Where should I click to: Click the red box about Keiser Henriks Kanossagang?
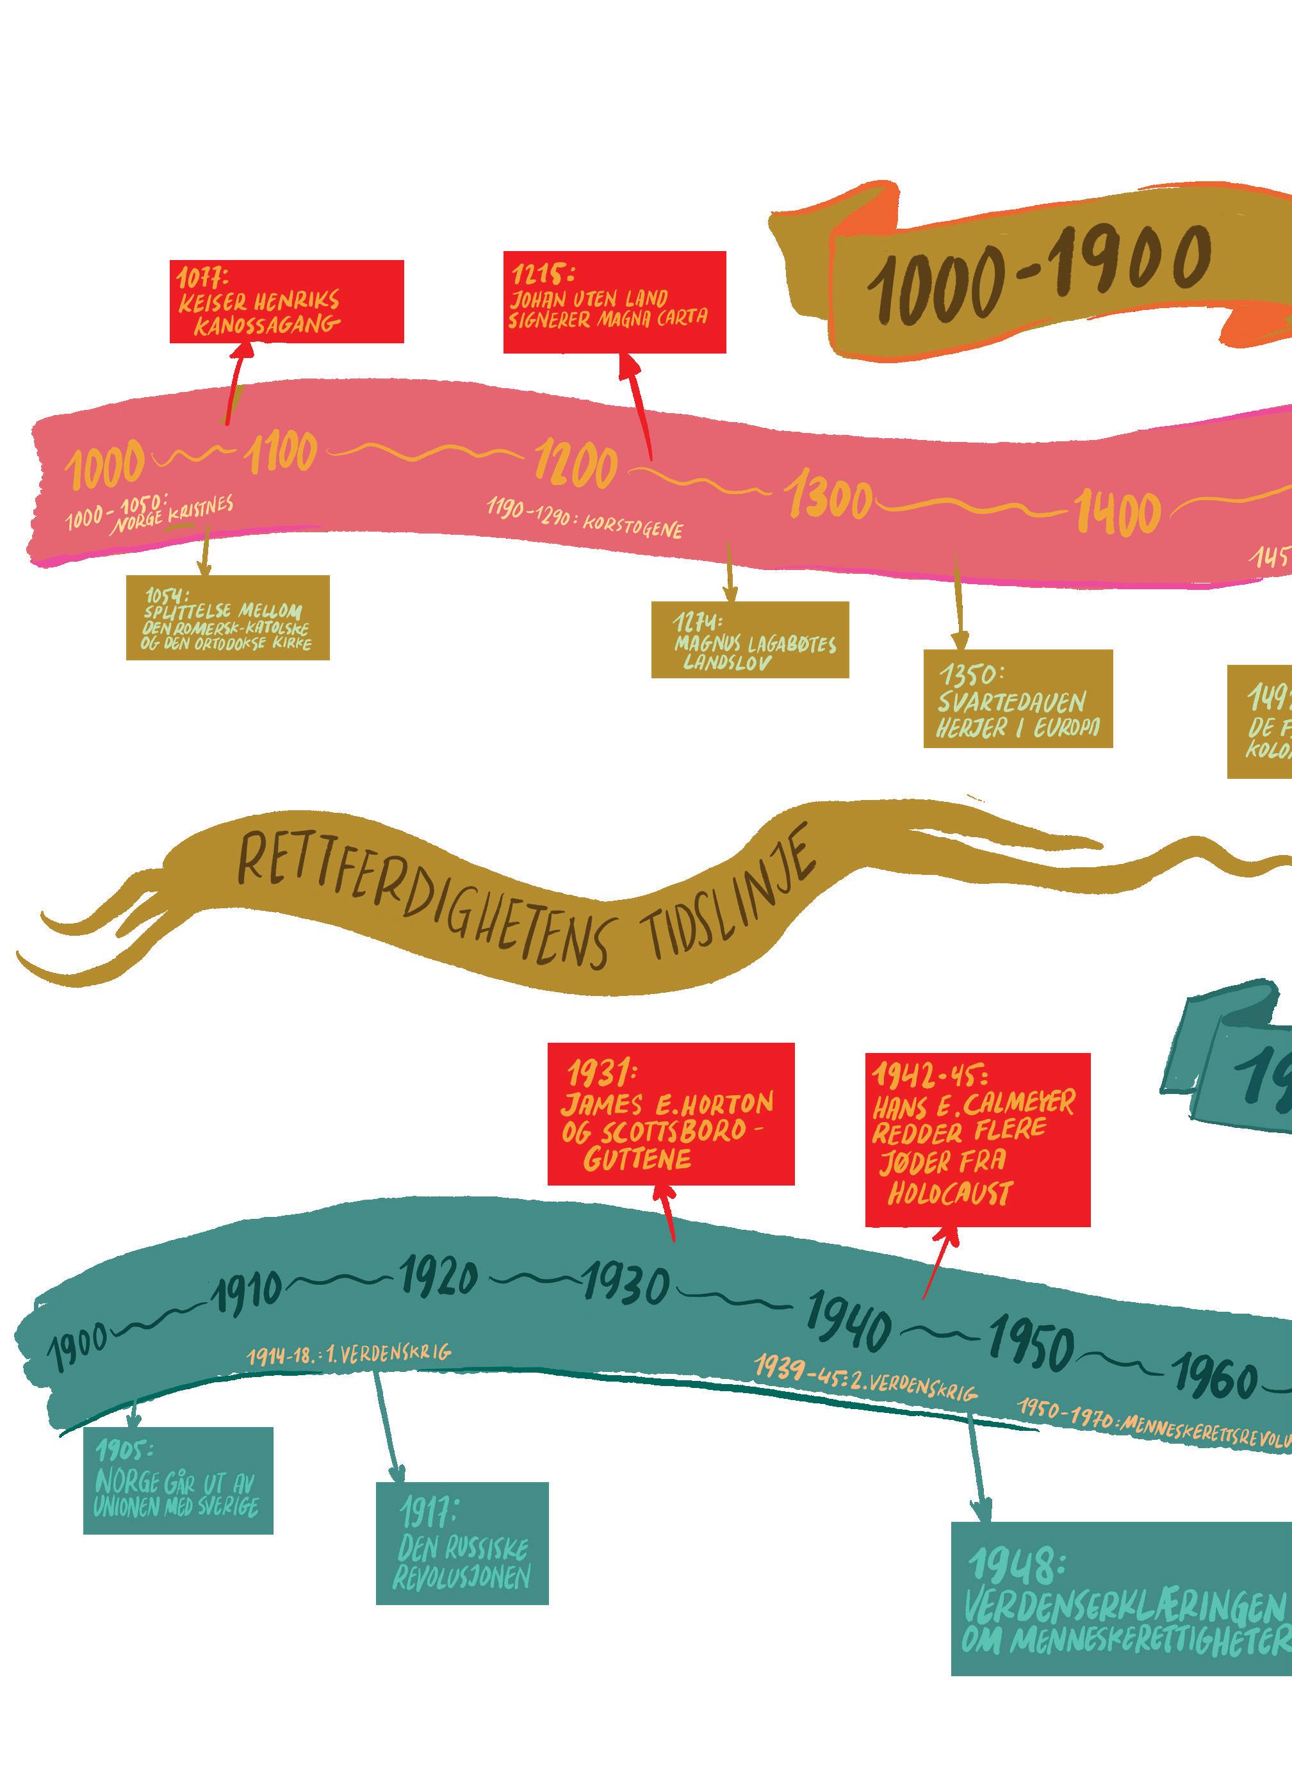(287, 302)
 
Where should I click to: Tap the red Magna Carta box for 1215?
(614, 302)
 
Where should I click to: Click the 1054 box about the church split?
(227, 617)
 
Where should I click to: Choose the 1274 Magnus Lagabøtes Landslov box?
(750, 639)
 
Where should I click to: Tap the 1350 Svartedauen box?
(1018, 698)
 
